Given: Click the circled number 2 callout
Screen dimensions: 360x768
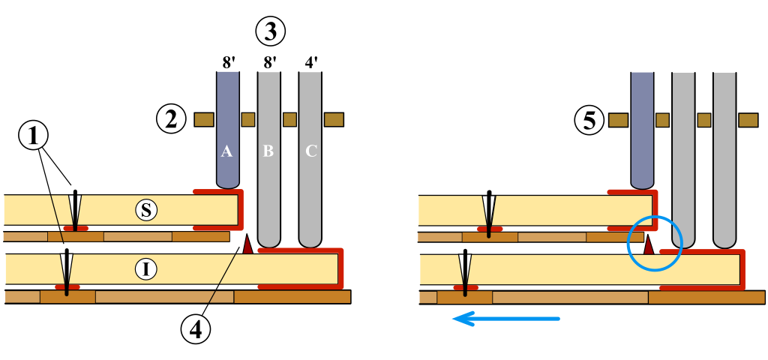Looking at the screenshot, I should [172, 118].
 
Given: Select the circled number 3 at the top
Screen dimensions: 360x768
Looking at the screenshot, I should [270, 31].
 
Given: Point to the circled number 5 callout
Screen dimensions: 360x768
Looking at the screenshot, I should [589, 119].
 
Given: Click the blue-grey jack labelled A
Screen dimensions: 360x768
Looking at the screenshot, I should [227, 127].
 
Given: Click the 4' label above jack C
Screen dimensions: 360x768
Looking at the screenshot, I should [311, 61].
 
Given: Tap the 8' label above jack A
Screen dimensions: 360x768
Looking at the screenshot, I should [227, 61].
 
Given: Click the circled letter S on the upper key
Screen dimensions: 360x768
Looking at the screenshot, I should [147, 210].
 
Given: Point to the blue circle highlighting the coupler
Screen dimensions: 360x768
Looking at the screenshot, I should [654, 244].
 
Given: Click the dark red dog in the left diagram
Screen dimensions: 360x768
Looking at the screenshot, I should [247, 244].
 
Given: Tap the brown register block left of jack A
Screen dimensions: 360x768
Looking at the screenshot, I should [204, 119].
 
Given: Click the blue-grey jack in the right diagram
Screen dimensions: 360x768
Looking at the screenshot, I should [641, 127].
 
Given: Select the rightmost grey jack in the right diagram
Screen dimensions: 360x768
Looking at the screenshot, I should [724, 157].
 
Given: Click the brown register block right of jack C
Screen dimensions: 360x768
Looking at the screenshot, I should [334, 119].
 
